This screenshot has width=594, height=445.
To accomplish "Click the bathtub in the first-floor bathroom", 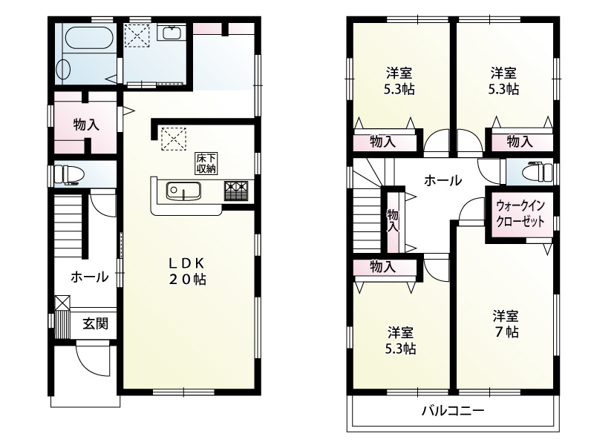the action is [88, 39].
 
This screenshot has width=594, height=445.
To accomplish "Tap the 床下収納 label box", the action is [206, 163].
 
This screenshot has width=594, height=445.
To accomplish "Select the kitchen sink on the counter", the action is [183, 191].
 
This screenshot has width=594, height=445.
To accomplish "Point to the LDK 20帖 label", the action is [188, 271].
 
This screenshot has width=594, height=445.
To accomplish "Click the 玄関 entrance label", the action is [96, 323].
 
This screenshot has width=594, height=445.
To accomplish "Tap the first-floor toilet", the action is [67, 174].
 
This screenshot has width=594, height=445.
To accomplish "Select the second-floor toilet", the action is [538, 171].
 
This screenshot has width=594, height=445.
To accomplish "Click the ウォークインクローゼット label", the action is [520, 214].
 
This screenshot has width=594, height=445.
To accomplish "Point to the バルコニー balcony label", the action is [453, 411].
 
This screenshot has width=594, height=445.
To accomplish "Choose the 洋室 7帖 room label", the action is [506, 324].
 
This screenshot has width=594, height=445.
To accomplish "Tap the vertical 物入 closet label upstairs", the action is [393, 221].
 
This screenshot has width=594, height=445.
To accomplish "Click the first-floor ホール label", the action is [89, 277].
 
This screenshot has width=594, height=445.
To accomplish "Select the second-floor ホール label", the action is [443, 180].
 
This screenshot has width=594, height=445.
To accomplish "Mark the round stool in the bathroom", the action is [63, 70].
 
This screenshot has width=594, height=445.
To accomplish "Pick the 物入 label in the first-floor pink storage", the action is [86, 124].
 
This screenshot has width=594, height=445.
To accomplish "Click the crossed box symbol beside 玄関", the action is [62, 303].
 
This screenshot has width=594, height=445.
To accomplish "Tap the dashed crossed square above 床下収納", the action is [174, 139].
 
